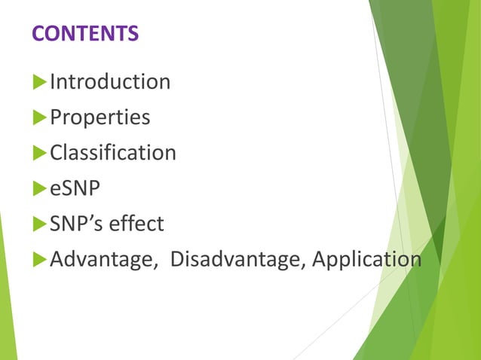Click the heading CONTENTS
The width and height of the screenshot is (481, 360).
click(85, 34)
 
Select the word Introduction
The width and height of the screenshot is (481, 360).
click(110, 81)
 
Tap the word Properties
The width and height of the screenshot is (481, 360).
click(100, 117)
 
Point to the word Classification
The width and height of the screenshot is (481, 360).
click(113, 153)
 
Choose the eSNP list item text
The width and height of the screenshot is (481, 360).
click(75, 188)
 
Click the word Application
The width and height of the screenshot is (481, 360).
click(366, 260)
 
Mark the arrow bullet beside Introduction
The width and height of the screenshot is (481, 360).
click(39, 81)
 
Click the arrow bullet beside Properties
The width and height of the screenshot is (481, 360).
click(39, 117)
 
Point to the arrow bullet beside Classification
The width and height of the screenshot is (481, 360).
click(39, 153)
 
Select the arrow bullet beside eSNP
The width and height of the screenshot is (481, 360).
click(39, 188)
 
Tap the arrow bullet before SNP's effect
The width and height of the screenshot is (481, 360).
click(39, 224)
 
